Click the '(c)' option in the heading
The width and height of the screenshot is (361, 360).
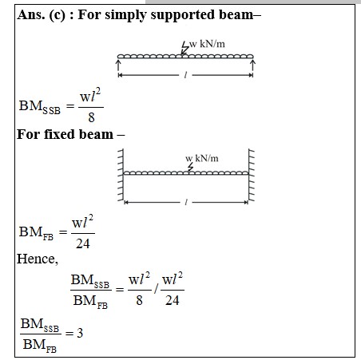pos(58,15)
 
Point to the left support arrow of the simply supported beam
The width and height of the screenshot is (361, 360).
pos(118,65)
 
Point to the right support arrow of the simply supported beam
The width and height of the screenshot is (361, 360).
pos(252,65)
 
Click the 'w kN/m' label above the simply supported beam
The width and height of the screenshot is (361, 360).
pos(207,44)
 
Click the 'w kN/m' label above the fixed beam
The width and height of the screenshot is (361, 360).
pos(202,158)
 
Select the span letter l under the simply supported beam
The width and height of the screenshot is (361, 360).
pos(185,75)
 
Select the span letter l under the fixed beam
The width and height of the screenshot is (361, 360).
pos(186,203)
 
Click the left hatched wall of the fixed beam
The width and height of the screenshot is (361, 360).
pos(121,175)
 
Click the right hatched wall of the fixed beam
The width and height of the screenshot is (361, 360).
pos(252,175)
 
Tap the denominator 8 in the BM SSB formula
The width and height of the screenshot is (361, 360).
pos(91,117)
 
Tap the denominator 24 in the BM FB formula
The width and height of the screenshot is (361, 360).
pos(83,243)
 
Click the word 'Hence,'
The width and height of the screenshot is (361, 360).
pos(38,259)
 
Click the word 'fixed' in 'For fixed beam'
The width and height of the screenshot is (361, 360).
pos(58,134)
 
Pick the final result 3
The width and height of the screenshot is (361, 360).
pos(80,333)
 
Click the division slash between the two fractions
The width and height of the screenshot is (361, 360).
pos(157,289)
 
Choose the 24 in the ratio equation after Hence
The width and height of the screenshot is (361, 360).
pos(173,300)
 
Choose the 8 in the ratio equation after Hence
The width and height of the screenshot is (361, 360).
pos(139,300)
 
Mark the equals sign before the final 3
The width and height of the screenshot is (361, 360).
pos(69,333)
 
